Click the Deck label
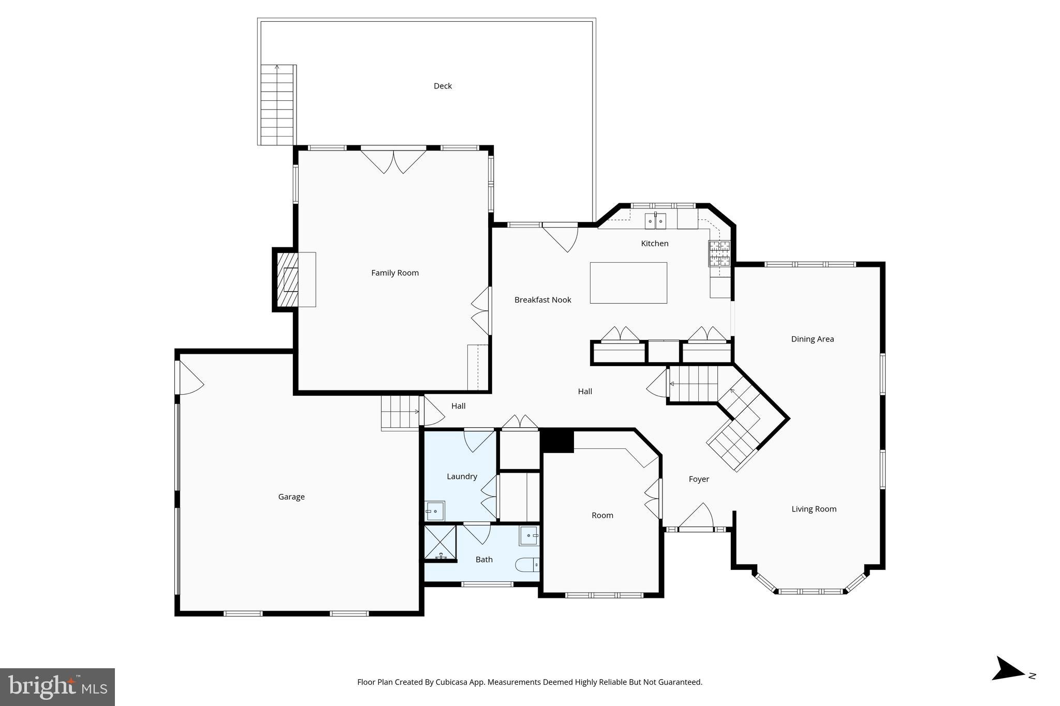click(x=443, y=86)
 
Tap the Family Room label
click(x=394, y=273)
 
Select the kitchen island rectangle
click(x=628, y=282)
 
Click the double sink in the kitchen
click(x=655, y=221)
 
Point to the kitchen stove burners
click(x=719, y=253)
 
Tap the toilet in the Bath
click(x=527, y=565)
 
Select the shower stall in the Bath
click(x=440, y=542)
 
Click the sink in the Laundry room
click(x=435, y=511)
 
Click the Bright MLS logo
click(x=57, y=687)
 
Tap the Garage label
click(x=291, y=497)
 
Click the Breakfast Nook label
click(x=542, y=299)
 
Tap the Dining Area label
click(x=812, y=339)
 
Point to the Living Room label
click(x=814, y=509)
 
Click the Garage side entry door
click(x=188, y=378)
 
